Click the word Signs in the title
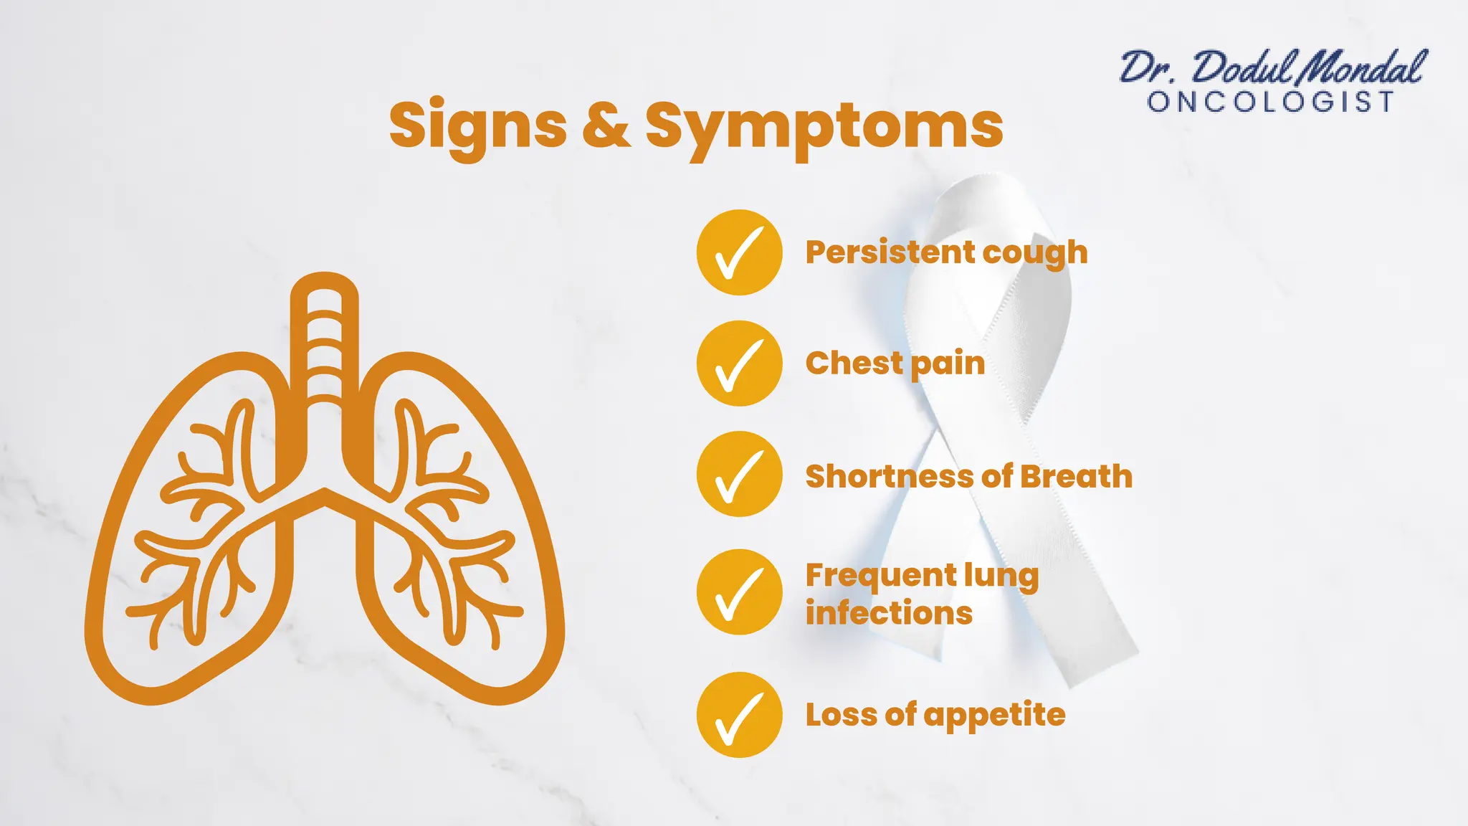[478, 125]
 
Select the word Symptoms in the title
[824, 125]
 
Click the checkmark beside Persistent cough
[739, 252]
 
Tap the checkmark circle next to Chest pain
[739, 364]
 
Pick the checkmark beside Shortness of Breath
[739, 474]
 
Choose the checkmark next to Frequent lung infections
[739, 592]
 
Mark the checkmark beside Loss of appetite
[739, 715]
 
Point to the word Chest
[854, 364]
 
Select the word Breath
[1076, 477]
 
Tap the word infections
[889, 614]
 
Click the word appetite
[994, 716]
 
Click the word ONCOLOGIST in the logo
[1271, 102]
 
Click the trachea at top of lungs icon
[324, 337]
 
